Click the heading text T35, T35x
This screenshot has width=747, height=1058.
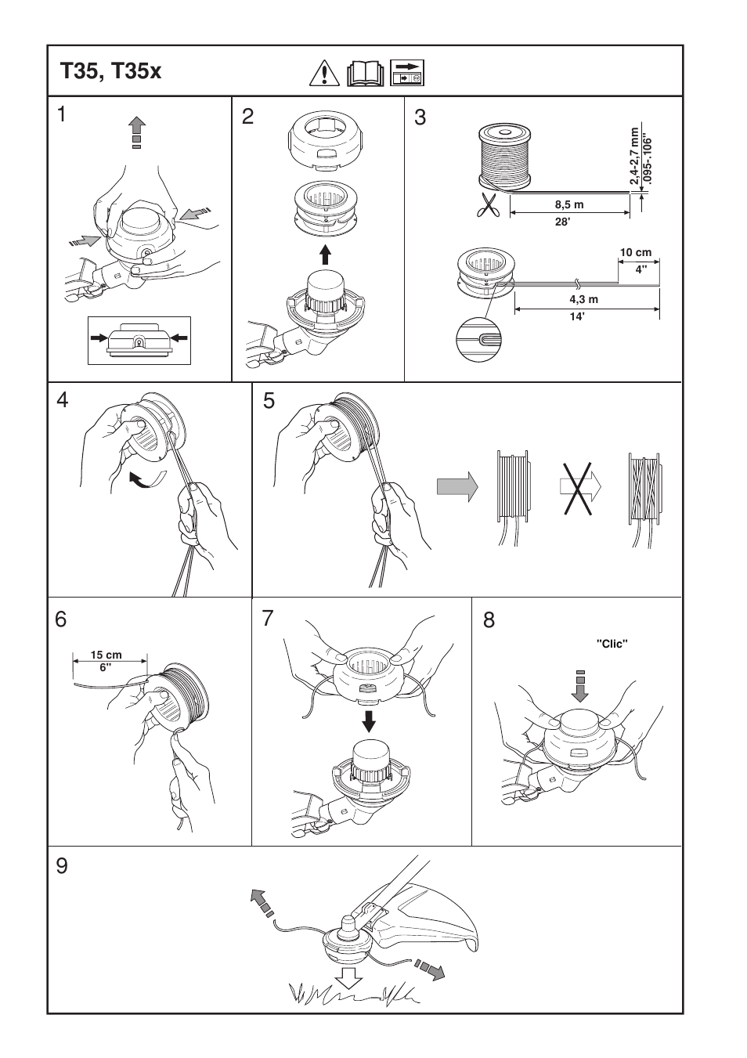click(110, 72)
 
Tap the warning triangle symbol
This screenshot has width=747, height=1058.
click(323, 73)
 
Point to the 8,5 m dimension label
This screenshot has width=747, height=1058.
click(569, 205)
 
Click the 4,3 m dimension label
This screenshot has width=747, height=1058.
click(583, 299)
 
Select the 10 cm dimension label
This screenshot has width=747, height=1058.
click(636, 253)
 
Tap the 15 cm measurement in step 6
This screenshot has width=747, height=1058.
click(106, 655)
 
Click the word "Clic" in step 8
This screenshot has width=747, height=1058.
click(612, 643)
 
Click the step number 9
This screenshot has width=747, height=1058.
click(63, 866)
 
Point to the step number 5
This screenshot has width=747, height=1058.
click(269, 402)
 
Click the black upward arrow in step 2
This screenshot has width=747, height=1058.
click(326, 255)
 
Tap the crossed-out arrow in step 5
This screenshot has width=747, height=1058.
click(579, 486)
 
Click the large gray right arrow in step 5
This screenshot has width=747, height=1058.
click(457, 486)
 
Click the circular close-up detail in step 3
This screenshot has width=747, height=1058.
click(478, 340)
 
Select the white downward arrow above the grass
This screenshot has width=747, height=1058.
click(348, 979)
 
